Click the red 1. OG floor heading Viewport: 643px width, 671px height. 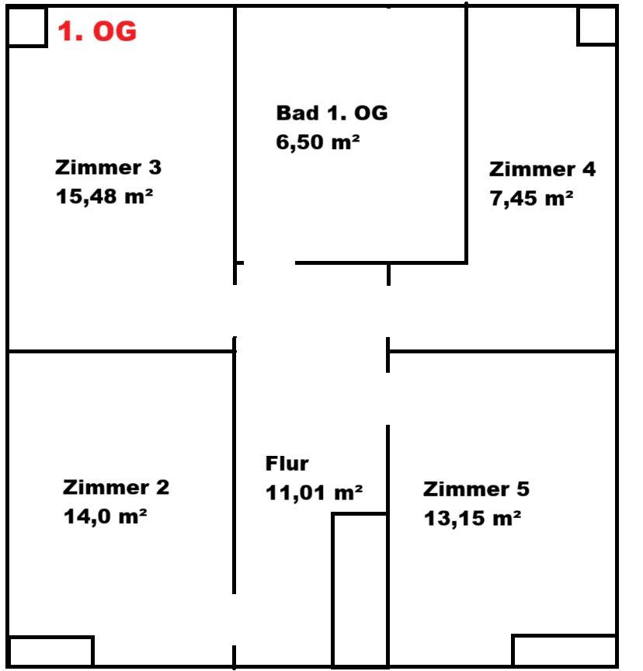click(97, 31)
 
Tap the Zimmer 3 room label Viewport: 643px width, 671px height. click(108, 167)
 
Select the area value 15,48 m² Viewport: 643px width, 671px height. click(104, 196)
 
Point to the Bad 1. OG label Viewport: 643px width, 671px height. click(332, 113)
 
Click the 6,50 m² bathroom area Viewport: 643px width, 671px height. click(318, 142)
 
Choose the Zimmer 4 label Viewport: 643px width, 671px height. click(542, 169)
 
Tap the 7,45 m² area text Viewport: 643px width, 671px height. click(531, 198)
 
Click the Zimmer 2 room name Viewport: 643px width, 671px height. click(116, 488)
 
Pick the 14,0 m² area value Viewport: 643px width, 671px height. click(106, 516)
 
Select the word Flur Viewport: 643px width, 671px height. click(287, 464)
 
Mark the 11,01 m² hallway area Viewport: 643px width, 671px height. click(314, 492)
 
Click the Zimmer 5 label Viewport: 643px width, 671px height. click(476, 489)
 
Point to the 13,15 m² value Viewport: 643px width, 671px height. click(472, 518)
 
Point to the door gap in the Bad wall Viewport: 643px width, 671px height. click(269, 262)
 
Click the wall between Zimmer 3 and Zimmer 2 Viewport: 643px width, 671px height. click(121, 351)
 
